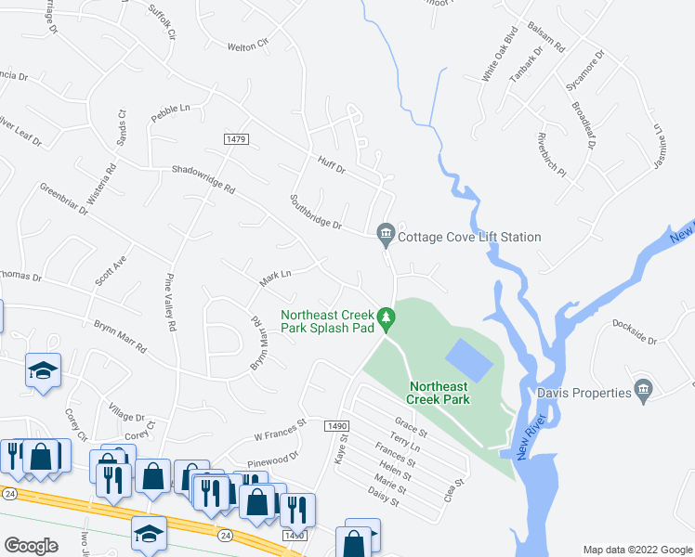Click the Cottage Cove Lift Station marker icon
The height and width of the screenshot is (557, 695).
point(386,238)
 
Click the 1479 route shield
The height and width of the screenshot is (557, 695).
point(236,138)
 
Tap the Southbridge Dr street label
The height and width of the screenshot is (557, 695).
point(316,213)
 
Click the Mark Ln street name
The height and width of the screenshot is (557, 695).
point(275,275)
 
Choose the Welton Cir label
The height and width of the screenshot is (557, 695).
point(248,43)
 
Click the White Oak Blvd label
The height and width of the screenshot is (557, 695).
point(499,55)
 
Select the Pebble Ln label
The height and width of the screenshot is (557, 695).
point(171,109)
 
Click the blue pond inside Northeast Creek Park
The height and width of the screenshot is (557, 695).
point(469,358)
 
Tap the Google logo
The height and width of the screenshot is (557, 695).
point(33,546)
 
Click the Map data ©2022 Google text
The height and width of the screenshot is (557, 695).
point(636,549)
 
